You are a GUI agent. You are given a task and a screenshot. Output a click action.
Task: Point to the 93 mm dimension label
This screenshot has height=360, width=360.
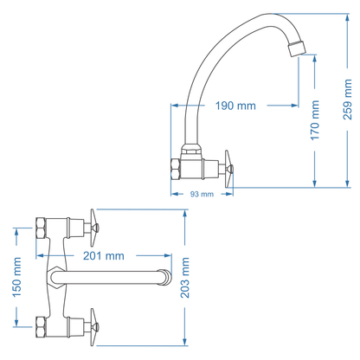201,194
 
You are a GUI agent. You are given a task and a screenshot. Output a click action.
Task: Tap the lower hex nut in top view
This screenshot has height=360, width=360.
40,330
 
